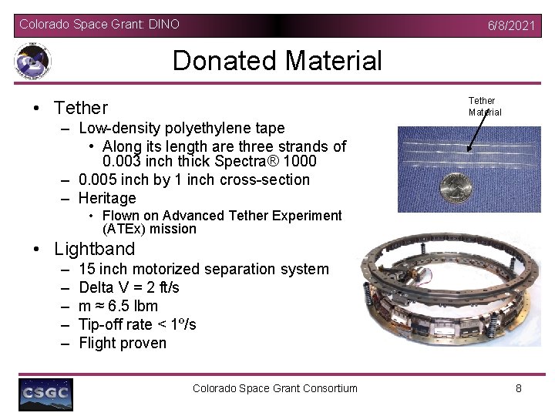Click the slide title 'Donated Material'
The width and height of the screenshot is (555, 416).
[x=277, y=60]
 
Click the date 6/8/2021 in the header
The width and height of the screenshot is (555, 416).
[x=511, y=25]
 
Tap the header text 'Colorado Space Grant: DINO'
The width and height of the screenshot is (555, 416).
[x=99, y=25]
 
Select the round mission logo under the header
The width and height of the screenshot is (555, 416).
[x=32, y=61]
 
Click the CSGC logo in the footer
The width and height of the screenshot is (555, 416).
[x=46, y=394]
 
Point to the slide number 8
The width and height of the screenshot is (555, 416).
[x=519, y=388]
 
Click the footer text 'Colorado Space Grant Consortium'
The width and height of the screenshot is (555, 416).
[x=275, y=388]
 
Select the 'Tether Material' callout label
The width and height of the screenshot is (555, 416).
[x=484, y=106]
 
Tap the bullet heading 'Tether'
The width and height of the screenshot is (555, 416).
[x=81, y=108]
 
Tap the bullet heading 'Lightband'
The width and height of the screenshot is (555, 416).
[x=94, y=249]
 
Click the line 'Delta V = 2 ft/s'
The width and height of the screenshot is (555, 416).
[x=129, y=287]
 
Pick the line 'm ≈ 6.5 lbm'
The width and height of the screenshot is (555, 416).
[x=118, y=306]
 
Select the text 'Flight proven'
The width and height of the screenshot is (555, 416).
[x=123, y=343]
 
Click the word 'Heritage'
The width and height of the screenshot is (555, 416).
[x=107, y=198]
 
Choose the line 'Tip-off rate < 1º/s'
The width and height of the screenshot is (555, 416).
[x=137, y=324]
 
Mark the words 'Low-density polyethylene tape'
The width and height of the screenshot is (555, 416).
[x=181, y=128]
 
